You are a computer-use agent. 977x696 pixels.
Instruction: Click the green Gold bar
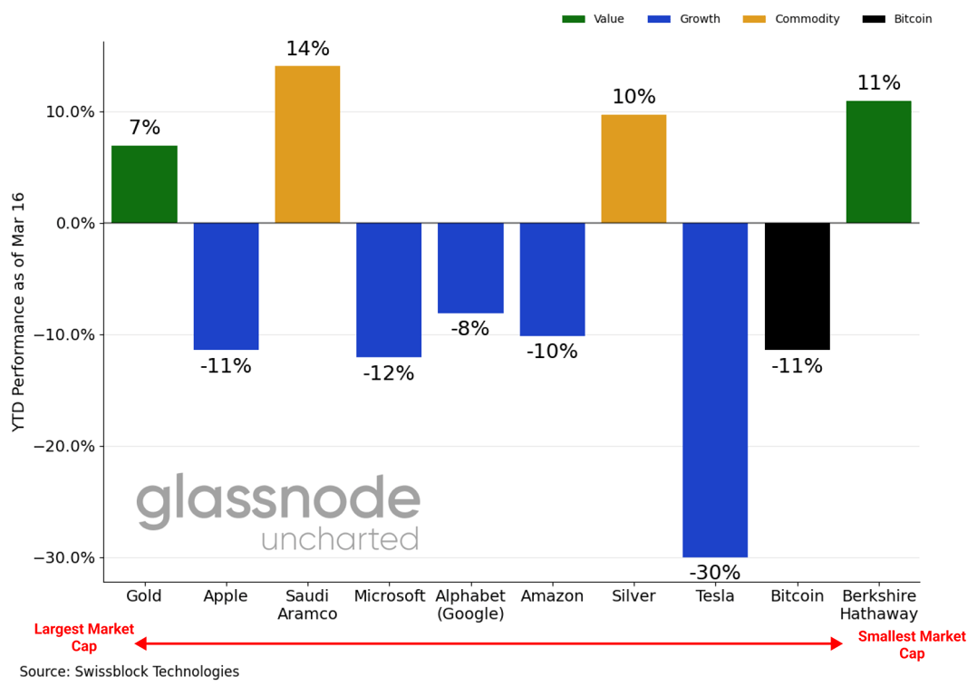(144, 184)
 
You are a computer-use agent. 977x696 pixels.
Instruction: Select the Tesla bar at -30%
(714, 390)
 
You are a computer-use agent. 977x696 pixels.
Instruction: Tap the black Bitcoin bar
(797, 286)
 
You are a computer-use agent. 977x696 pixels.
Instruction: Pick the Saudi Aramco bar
(307, 144)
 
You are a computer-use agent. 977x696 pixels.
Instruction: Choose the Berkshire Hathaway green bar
(878, 161)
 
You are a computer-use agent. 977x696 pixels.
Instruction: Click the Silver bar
(634, 169)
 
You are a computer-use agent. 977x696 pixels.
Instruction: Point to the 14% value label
(307, 49)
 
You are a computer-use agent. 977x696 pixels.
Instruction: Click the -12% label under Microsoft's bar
(388, 373)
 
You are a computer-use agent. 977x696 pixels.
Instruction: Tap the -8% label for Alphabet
(469, 329)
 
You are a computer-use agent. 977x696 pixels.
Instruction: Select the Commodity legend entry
(791, 19)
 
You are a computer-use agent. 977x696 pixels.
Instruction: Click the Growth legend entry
(684, 19)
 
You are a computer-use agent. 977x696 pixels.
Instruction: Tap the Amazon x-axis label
(552, 596)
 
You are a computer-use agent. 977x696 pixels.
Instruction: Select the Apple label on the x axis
(226, 596)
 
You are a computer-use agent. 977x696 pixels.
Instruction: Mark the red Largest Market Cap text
(84, 638)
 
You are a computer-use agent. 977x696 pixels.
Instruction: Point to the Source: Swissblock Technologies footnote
(130, 672)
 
